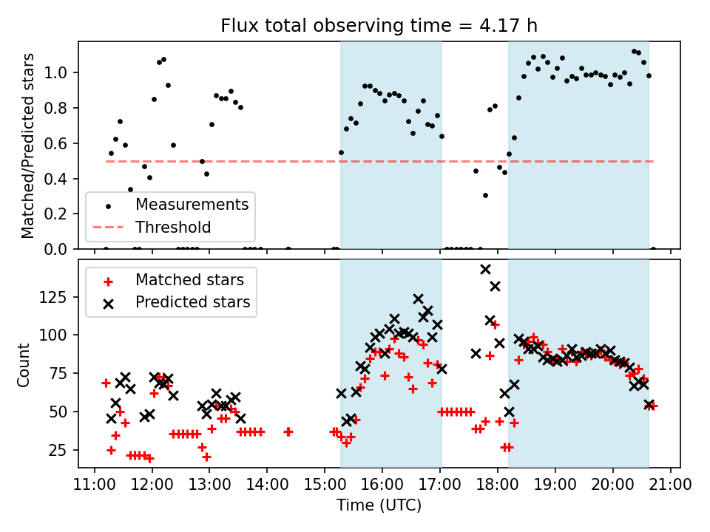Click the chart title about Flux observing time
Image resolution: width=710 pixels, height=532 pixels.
pyautogui.click(x=379, y=26)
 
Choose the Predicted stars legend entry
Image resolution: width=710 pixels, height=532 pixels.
pyautogui.click(x=192, y=302)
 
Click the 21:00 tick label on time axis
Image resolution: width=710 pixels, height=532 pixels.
pyautogui.click(x=670, y=485)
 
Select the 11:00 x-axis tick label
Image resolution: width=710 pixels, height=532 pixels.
pyautogui.click(x=94, y=485)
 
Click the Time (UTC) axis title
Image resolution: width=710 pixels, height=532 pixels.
pyautogui.click(x=379, y=506)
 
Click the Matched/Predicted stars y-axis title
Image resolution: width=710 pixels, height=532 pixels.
pyautogui.click(x=28, y=146)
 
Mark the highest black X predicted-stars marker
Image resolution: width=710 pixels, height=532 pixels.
pyautogui.click(x=485, y=270)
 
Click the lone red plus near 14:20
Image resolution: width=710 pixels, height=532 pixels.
pyautogui.click(x=288, y=432)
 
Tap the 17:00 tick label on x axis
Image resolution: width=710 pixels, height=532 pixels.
pyautogui.click(x=440, y=485)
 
